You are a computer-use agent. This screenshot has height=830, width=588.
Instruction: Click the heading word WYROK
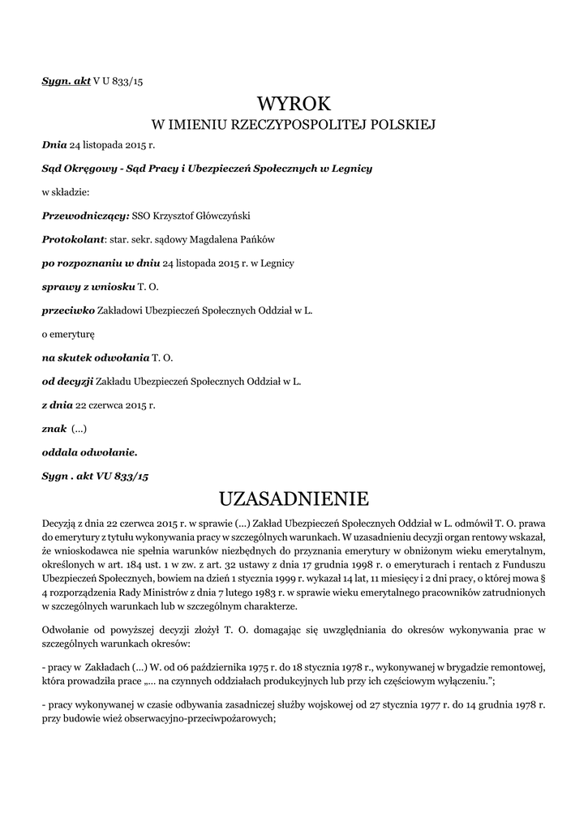(x=294, y=104)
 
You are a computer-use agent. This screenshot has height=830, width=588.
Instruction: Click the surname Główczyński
(x=197, y=216)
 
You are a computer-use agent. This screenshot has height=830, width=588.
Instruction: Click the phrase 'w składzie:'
(x=64, y=193)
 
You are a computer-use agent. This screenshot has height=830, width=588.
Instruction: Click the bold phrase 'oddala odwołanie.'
(x=89, y=451)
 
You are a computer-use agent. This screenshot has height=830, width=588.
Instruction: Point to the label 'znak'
(x=54, y=428)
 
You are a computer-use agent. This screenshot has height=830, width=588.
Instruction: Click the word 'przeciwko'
(x=68, y=310)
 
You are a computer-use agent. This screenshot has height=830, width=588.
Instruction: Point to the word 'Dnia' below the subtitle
(x=54, y=146)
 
